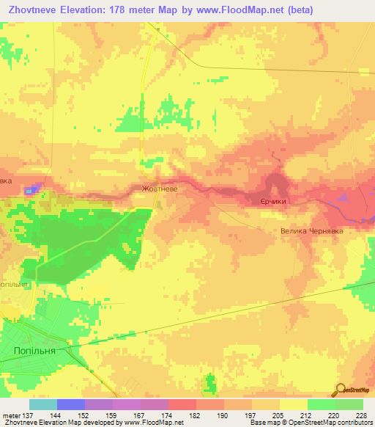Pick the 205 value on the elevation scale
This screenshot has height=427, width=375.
(x=276, y=416)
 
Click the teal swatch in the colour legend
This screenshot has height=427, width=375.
(x=43, y=404)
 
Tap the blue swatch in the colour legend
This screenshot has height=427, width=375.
(x=71, y=404)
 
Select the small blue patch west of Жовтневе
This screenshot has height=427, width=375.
(x=31, y=191)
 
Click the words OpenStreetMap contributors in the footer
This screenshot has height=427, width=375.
(x=335, y=423)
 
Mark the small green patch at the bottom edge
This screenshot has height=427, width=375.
(x=211, y=384)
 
